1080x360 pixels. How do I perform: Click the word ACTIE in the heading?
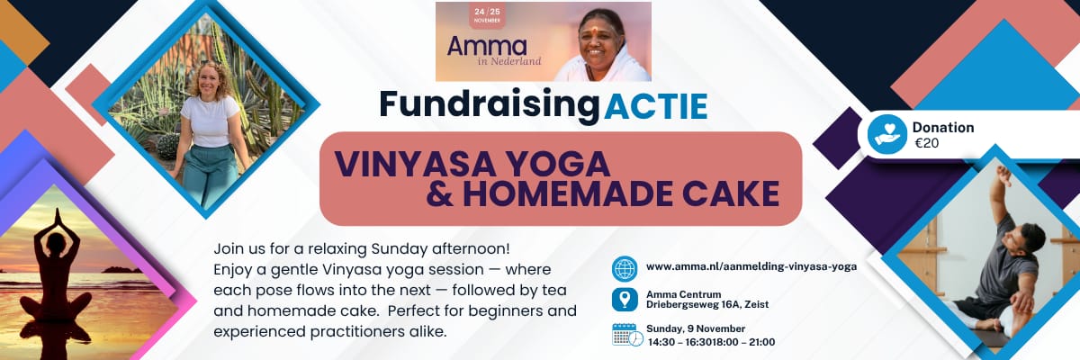pos(655,106)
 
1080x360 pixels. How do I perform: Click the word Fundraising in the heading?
pos(490,105)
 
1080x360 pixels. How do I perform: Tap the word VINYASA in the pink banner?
pos(415,164)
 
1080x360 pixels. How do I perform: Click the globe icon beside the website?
pos(625,268)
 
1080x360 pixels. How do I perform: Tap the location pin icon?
pos(625,300)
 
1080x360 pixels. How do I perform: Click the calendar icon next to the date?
pos(627,335)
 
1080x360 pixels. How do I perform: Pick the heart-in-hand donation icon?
pos(887,134)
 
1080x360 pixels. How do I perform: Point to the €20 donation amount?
pos(927,143)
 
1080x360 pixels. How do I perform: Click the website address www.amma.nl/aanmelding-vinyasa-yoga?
pos(751,266)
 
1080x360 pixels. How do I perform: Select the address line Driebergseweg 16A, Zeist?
pos(707,304)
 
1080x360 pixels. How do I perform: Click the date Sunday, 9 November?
pos(696,328)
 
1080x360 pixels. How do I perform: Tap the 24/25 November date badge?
pos(487,15)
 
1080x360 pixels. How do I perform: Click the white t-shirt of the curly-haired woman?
pos(211,121)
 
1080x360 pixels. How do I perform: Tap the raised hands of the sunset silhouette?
pos(58,217)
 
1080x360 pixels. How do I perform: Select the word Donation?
pos(943,127)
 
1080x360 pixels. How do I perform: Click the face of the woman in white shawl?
pos(599,40)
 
